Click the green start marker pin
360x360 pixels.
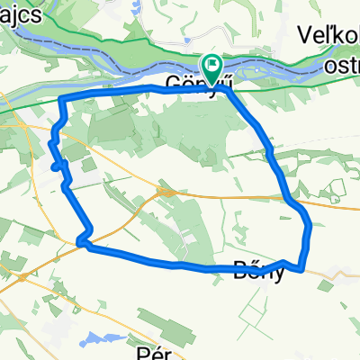click(x=212, y=66)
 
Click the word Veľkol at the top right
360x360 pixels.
click(x=327, y=35)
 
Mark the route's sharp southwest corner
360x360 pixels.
click(x=82, y=240)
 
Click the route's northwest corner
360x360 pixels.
click(x=61, y=98)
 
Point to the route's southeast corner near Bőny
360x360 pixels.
click(x=303, y=265)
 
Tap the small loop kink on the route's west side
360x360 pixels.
click(x=57, y=165)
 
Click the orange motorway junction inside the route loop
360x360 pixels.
click(x=165, y=191)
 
